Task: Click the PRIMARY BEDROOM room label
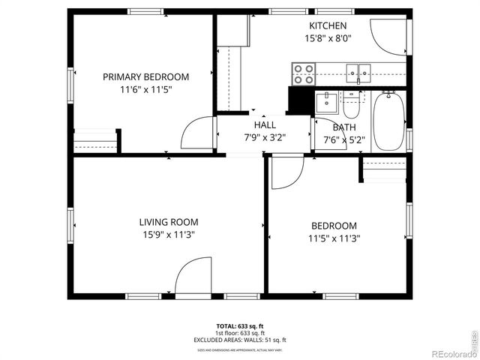click(145, 76)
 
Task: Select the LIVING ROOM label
click(168, 222)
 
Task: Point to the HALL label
click(265, 125)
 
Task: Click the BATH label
click(344, 127)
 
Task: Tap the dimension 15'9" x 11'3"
click(168, 235)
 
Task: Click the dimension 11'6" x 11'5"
click(145, 89)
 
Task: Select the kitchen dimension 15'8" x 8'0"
click(328, 38)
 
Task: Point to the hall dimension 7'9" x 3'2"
click(265, 137)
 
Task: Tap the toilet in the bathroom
click(350, 105)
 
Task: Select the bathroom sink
click(326, 102)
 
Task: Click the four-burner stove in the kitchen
click(303, 73)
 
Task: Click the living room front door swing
click(192, 276)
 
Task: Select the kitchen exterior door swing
click(391, 36)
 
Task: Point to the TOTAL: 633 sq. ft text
click(240, 326)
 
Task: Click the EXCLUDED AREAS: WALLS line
click(240, 340)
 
